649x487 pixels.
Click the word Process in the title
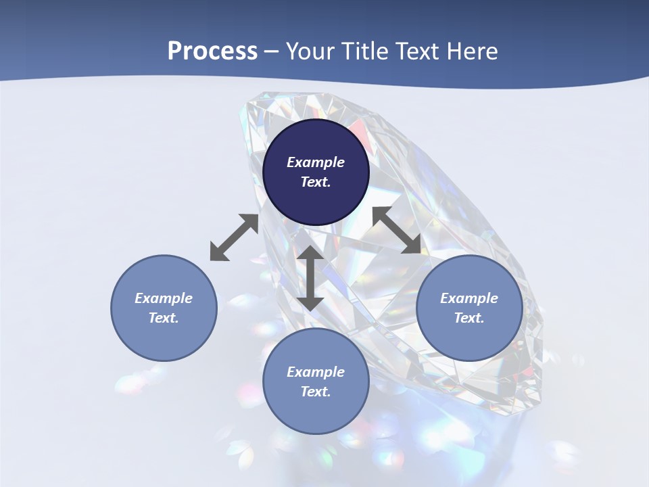tap(212, 51)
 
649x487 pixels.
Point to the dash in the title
tap(272, 53)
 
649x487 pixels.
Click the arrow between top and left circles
tap(234, 237)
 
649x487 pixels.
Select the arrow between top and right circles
tap(397, 230)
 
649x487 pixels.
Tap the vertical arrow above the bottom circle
tap(310, 278)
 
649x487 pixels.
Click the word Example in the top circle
tap(316, 162)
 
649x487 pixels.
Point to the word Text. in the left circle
tap(164, 318)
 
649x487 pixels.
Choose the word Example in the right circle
tap(469, 298)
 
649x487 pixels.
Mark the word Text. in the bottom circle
tap(316, 392)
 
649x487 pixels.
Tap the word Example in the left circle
tap(164, 298)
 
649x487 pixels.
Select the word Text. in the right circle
tap(469, 318)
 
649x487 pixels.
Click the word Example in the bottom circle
tap(316, 372)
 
